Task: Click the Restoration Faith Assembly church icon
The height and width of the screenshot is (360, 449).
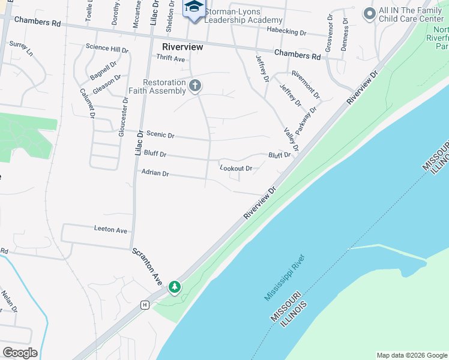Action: coord(194,86)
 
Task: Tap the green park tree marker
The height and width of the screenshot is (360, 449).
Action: coord(175,287)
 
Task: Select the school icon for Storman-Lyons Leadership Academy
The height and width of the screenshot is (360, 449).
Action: coord(194,8)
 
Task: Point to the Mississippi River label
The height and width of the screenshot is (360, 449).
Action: coord(285,278)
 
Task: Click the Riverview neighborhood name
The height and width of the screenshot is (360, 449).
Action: coord(182,46)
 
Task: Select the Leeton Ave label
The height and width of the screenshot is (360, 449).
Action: coord(110,230)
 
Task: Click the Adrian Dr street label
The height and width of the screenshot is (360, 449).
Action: coord(155,173)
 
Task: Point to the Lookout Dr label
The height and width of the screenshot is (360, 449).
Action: coord(235,169)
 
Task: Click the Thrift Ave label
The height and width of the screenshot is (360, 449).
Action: coord(170,58)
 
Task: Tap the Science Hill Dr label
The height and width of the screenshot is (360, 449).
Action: coord(107,49)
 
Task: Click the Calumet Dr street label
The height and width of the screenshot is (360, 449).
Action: coord(88,103)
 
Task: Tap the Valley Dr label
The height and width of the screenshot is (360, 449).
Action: coord(291,139)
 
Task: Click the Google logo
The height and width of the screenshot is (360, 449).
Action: coord(20,353)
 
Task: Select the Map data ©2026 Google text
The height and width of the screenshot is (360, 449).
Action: coord(412,355)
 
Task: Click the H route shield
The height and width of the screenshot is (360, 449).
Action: coord(145,305)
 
